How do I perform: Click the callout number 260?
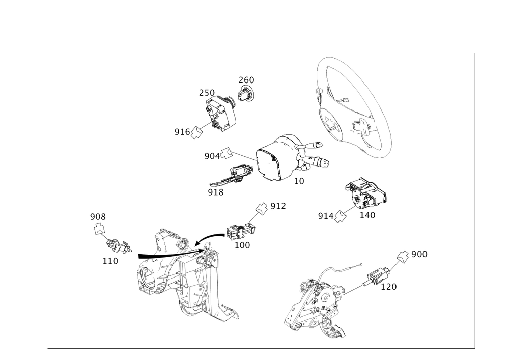(246, 80)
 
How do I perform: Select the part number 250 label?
(207, 92)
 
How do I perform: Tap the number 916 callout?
(182, 132)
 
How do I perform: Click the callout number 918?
(216, 192)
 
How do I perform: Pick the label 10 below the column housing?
(299, 181)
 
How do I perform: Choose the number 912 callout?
(278, 206)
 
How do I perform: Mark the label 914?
(325, 216)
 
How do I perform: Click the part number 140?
(367, 215)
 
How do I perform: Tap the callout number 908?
(98, 217)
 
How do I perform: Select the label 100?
(242, 245)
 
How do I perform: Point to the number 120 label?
(389, 287)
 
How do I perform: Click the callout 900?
(419, 254)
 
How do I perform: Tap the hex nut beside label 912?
(261, 208)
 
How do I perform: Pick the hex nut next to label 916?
(197, 133)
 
